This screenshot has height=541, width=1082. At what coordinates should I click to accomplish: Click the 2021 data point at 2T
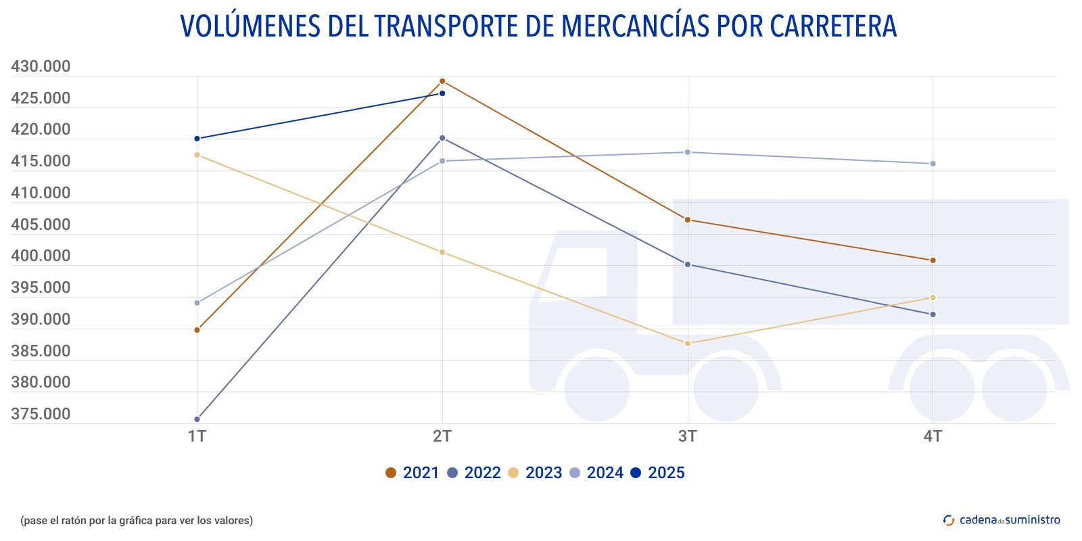pyautogui.click(x=442, y=81)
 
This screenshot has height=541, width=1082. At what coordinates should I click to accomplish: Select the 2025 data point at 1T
pyautogui.click(x=197, y=139)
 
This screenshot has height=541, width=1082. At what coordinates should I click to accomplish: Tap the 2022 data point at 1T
pyautogui.click(x=197, y=419)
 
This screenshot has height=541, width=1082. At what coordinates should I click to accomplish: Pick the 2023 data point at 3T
pyautogui.click(x=688, y=344)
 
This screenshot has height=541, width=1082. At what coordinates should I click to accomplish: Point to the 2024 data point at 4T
pyautogui.click(x=933, y=164)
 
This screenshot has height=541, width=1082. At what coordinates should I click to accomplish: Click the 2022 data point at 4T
pyautogui.click(x=933, y=314)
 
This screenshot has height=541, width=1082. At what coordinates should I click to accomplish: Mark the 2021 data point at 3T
pyautogui.click(x=688, y=220)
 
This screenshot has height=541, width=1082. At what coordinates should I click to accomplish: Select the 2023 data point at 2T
pyautogui.click(x=442, y=252)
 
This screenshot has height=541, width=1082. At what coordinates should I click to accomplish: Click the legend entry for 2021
pyautogui.click(x=412, y=473)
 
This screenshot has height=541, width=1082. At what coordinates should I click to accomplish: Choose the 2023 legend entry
pyautogui.click(x=535, y=473)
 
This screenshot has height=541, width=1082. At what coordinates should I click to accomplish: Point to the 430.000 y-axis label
pyautogui.click(x=41, y=66)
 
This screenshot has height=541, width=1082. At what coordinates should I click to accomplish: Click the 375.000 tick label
pyautogui.click(x=41, y=414)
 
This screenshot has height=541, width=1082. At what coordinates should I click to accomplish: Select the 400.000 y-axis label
pyautogui.click(x=41, y=256)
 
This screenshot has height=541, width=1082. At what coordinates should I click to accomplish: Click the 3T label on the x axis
pyautogui.click(x=688, y=437)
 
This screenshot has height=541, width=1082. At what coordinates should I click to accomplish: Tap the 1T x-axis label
pyautogui.click(x=197, y=437)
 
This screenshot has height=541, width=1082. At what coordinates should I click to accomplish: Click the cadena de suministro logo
pyautogui.click(x=1002, y=520)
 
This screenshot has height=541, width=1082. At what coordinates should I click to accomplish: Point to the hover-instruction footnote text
pyautogui.click(x=137, y=520)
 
